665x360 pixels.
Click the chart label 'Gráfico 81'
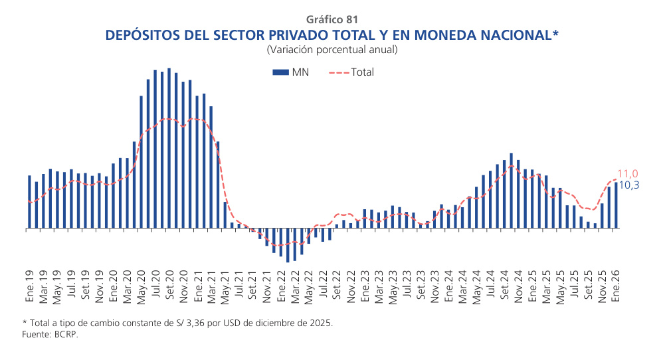pos(332,19)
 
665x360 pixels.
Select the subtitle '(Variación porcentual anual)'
pos(332,50)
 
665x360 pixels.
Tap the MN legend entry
pos(290,72)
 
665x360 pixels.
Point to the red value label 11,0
pos(628,173)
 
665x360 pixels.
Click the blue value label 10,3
pos(628,185)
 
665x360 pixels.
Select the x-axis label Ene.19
pos(30,287)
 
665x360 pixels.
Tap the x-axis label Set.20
pos(169,287)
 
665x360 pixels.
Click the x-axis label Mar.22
pos(295,287)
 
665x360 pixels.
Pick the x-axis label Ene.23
pos(365,287)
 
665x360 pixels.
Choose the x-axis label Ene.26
pos(616,287)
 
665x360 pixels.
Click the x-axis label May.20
pos(142,287)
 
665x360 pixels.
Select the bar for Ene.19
pos(30,202)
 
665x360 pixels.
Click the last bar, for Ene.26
pos(616,205)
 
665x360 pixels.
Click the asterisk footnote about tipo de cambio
pos(177,323)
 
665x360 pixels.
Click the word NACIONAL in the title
pos(500,35)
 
